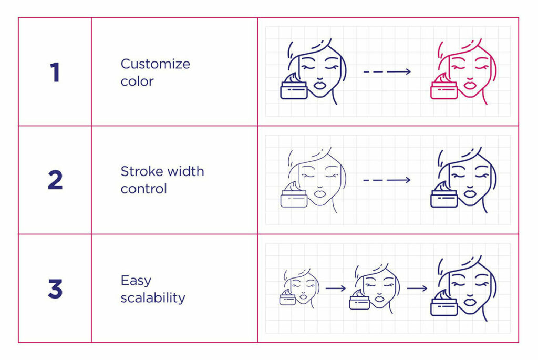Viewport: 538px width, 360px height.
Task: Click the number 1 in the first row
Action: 55,72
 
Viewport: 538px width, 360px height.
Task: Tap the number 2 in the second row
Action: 55,180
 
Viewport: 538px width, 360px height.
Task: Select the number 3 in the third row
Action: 55,289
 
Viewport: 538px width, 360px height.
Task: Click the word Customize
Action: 156,64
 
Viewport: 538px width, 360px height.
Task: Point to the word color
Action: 137,81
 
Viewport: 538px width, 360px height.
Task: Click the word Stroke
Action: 139,171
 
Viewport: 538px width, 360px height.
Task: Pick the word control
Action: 143,189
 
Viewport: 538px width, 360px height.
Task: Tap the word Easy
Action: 136,281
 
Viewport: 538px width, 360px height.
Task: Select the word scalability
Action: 153,298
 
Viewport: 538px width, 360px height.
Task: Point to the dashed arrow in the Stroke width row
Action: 387,180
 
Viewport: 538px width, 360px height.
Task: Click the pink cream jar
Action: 444,88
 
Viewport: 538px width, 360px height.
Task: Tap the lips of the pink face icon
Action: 469,83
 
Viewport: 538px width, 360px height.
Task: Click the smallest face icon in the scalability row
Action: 299,289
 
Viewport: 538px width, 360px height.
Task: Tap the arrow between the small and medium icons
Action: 335,288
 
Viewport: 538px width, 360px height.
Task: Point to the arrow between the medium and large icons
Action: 417,288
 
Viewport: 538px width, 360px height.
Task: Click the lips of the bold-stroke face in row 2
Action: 469,191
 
